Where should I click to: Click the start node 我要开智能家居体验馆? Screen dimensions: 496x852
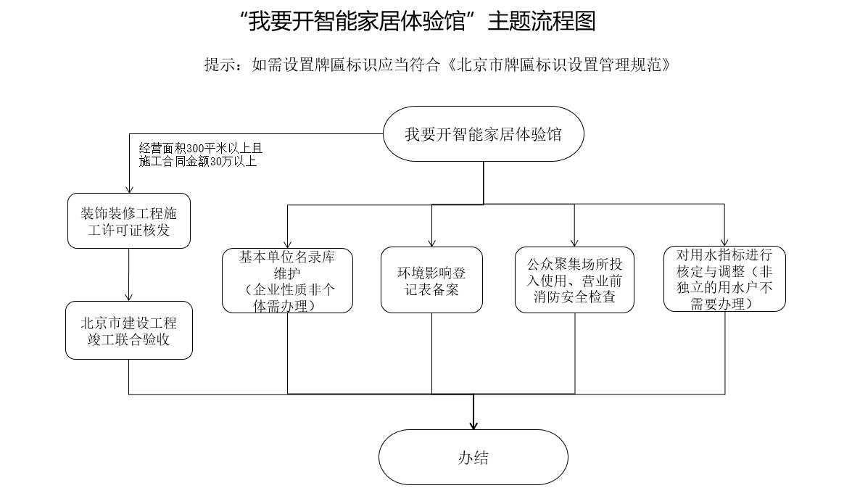pyautogui.click(x=484, y=134)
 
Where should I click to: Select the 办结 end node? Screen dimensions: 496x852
pyautogui.click(x=473, y=457)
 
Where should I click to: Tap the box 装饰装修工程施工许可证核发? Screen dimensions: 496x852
pyautogui.click(x=129, y=222)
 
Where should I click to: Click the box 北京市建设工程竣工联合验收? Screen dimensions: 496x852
pyautogui.click(x=129, y=330)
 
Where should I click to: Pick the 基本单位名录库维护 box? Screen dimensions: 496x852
pyautogui.click(x=287, y=281)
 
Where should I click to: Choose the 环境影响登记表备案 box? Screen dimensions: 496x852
pyautogui.click(x=431, y=281)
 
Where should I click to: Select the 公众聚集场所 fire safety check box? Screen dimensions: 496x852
pyautogui.click(x=574, y=280)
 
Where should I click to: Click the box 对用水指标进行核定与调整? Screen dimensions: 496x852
pyautogui.click(x=724, y=279)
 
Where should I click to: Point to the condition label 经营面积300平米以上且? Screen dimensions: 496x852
pyautogui.click(x=200, y=149)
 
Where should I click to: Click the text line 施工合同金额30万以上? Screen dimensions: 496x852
pyautogui.click(x=197, y=162)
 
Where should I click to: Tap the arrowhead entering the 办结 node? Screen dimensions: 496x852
pyautogui.click(x=473, y=425)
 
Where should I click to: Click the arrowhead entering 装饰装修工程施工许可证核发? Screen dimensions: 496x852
pyautogui.click(x=129, y=189)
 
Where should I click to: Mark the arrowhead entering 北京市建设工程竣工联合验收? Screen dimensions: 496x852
pyautogui.click(x=129, y=297)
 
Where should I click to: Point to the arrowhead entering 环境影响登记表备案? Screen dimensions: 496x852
pyautogui.click(x=431, y=243)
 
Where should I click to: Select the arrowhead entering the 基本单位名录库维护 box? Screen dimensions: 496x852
pyautogui.click(x=287, y=244)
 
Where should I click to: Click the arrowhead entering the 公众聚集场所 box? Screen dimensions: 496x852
pyautogui.click(x=574, y=243)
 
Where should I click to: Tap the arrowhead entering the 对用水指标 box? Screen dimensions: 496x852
pyautogui.click(x=724, y=242)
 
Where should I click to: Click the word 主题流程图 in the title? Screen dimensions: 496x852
pyautogui.click(x=542, y=22)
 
